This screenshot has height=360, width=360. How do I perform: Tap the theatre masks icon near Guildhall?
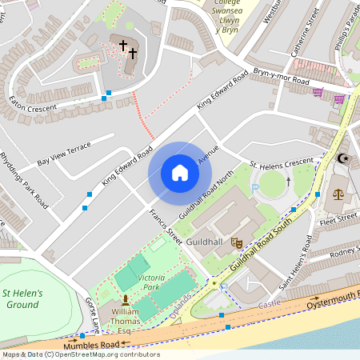coord(236,241)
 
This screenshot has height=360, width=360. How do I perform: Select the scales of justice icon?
coord(338,194)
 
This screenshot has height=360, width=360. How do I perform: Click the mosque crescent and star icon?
coord(344,158)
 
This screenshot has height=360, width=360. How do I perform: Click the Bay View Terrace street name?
coord(64,155)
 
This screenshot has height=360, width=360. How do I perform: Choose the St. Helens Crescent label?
coord(282,162)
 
